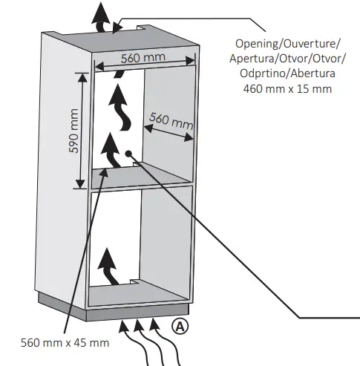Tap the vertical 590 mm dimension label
(x=74, y=131)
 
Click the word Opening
(x=254, y=44)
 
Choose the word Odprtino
(x=264, y=74)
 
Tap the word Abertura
(x=312, y=74)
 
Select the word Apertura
(x=255, y=59)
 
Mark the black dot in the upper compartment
(x=129, y=154)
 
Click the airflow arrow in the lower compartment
(x=108, y=267)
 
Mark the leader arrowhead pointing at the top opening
(x=117, y=28)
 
